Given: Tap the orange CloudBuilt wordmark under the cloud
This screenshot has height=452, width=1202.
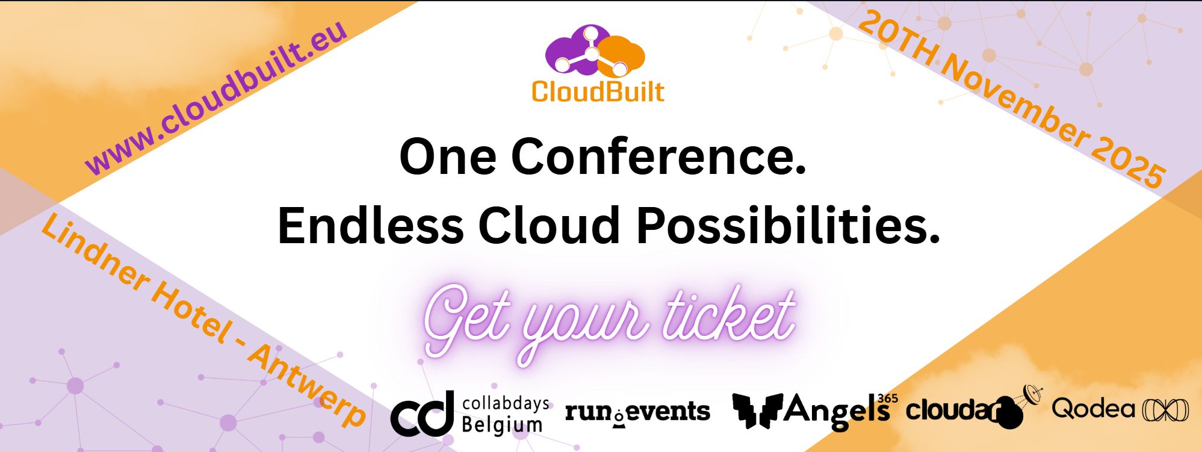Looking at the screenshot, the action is click(x=598, y=92).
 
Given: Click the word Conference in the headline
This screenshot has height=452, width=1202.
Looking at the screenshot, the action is click(x=658, y=156).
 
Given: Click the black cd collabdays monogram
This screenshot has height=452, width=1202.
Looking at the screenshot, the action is click(x=422, y=413).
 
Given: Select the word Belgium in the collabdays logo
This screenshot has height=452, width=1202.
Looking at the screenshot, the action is click(x=502, y=424).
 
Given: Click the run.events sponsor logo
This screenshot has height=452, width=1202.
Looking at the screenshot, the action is click(x=637, y=412).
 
